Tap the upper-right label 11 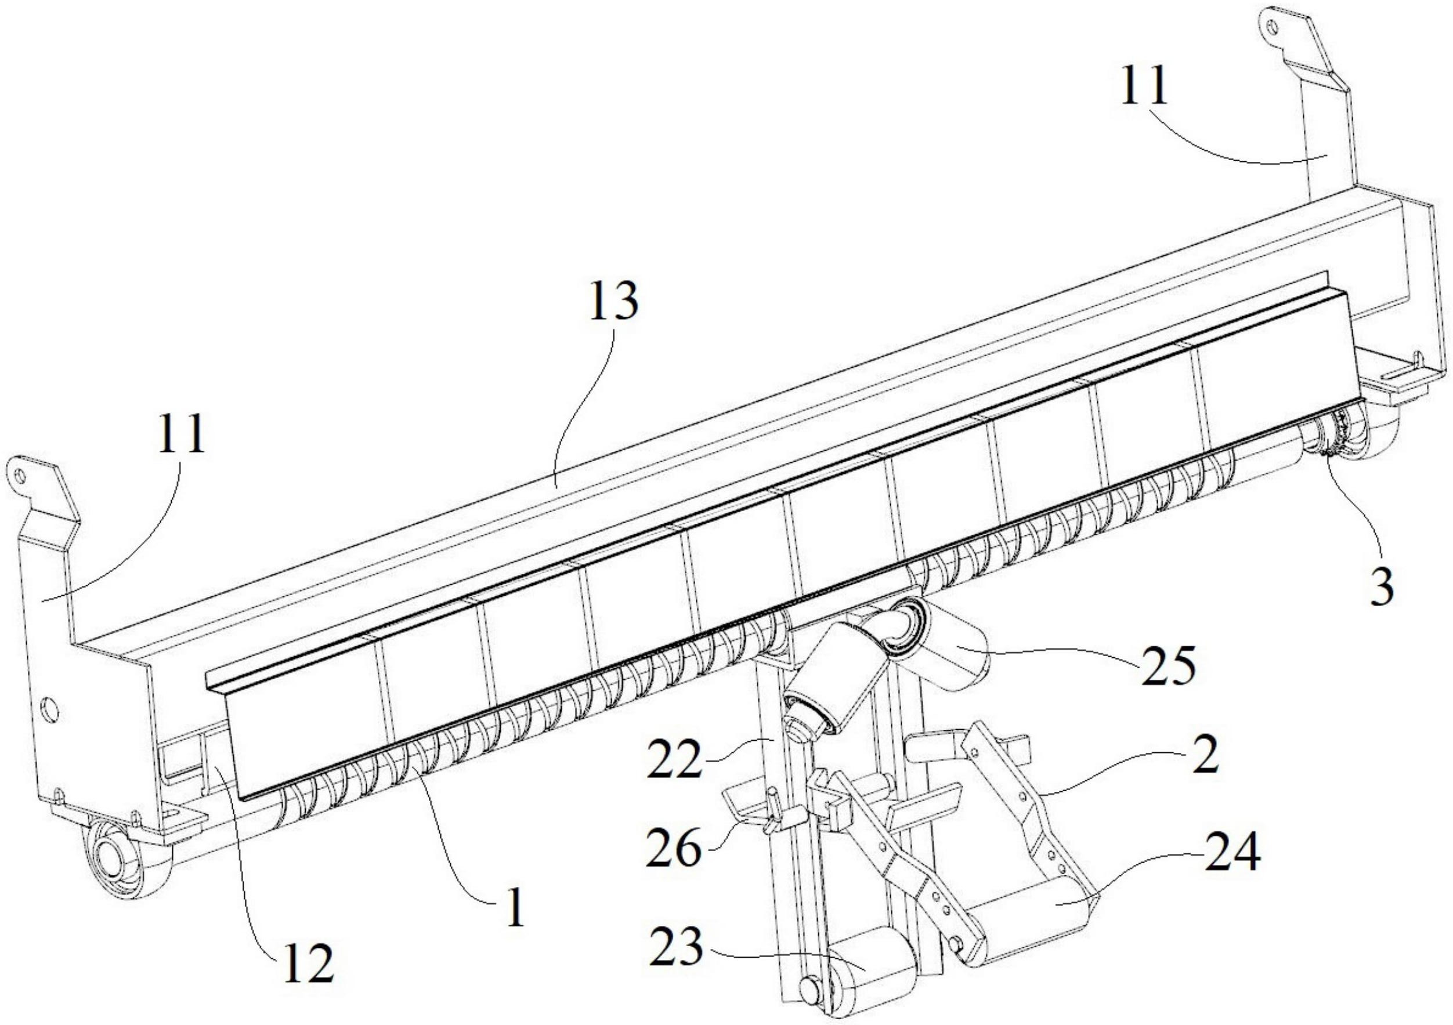click(x=1144, y=89)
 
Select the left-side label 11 click(x=182, y=434)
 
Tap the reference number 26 click(x=673, y=849)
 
